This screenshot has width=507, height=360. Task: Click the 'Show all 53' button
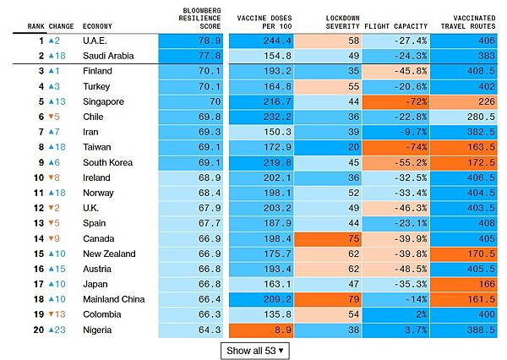coord(254,349)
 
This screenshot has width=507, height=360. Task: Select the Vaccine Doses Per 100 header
coord(261,21)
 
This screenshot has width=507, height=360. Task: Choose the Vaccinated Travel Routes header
coord(468,21)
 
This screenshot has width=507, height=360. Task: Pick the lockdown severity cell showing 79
coord(352,299)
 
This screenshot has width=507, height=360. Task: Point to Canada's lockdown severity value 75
coord(352,238)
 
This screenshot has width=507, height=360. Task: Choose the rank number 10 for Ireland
coord(36,177)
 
